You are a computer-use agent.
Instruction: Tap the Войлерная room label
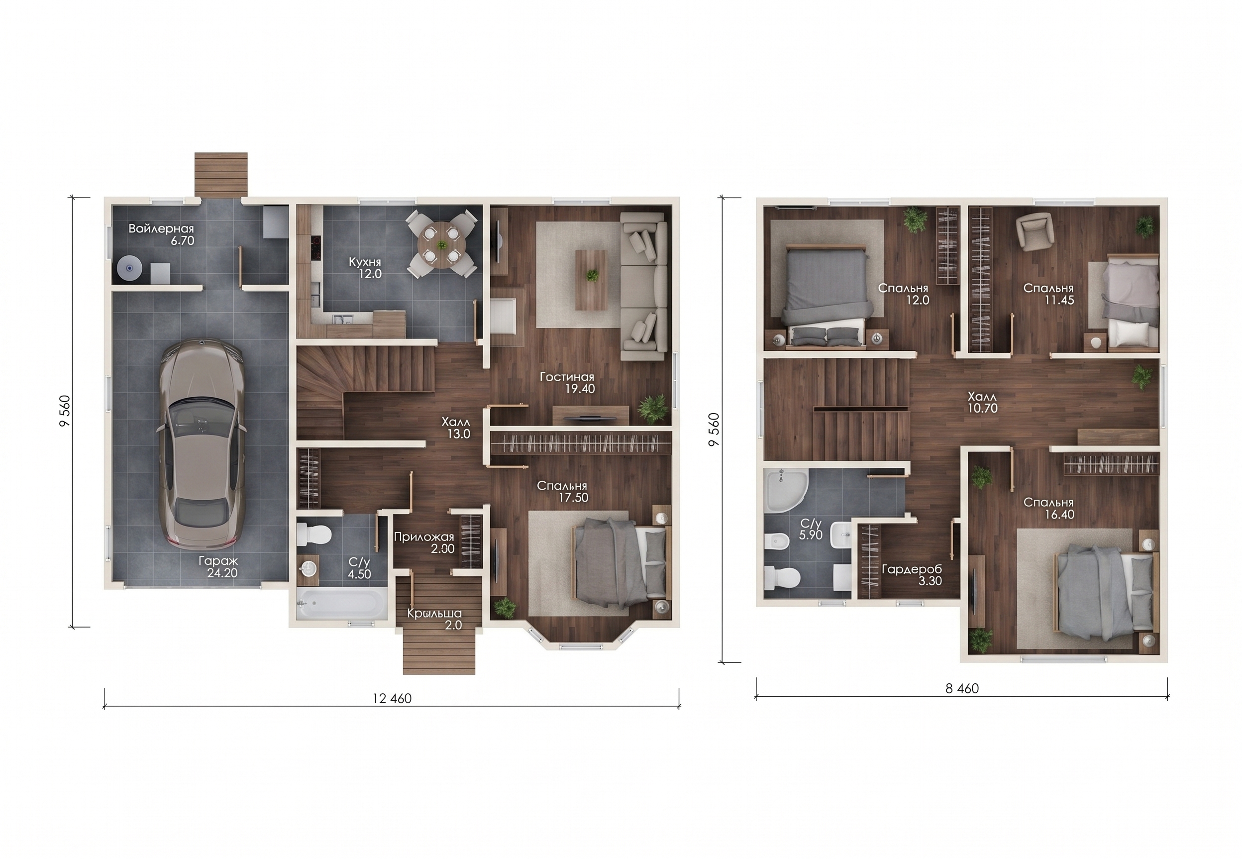click(161, 229)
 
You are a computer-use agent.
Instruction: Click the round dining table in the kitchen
click(441, 244)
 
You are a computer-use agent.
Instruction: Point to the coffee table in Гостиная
click(591, 280)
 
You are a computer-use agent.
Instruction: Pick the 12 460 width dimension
click(392, 699)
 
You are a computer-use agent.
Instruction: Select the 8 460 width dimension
click(962, 688)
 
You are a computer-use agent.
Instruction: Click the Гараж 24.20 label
click(218, 567)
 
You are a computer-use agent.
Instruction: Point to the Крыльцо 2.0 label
click(435, 619)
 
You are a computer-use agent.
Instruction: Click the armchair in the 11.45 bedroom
click(1034, 230)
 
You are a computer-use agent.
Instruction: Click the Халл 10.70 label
click(983, 403)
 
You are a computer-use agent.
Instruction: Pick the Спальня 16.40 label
click(1048, 508)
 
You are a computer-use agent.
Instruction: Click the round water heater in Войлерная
click(130, 268)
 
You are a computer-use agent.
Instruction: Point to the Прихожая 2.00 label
click(424, 542)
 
